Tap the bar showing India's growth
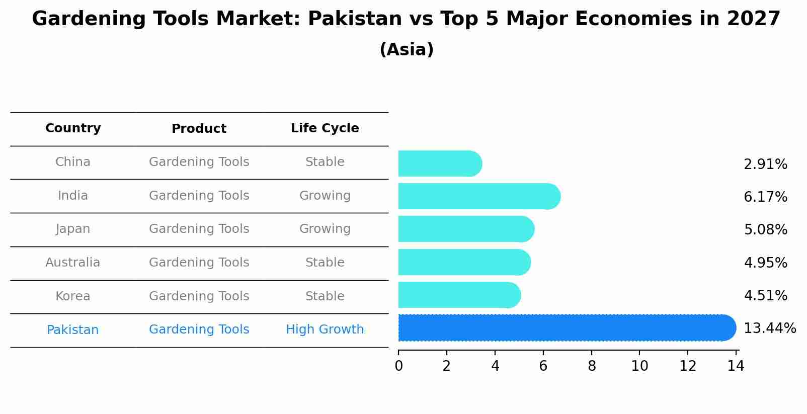click(478, 196)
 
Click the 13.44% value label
click(769, 328)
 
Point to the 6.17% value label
click(765, 197)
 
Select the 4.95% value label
click(765, 263)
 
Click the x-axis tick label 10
click(639, 366)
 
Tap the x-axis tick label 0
click(398, 366)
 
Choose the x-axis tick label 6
click(543, 366)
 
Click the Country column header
click(73, 128)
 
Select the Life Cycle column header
click(325, 128)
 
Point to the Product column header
click(199, 129)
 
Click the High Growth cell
click(325, 329)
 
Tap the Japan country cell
click(73, 229)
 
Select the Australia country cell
click(73, 263)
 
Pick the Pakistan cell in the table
click(73, 330)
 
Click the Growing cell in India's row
click(325, 196)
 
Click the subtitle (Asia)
click(407, 50)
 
